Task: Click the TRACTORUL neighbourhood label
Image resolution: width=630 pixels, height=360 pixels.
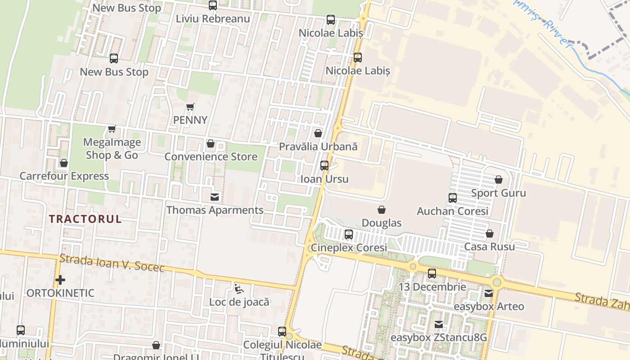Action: [x=85, y=219]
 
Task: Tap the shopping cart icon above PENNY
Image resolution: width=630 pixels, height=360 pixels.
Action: [x=190, y=107]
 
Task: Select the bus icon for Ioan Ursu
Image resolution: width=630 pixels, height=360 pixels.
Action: [x=324, y=166]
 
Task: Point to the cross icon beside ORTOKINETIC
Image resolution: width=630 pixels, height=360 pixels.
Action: [x=60, y=280]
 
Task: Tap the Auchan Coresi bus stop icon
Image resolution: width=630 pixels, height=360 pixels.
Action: [x=452, y=198]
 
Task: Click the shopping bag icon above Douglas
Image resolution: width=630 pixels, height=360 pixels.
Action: [x=381, y=210]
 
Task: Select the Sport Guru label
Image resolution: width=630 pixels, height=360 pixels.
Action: [x=498, y=193]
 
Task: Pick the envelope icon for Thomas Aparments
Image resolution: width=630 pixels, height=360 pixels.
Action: [x=215, y=197]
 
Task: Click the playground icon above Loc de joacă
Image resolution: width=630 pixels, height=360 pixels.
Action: [x=239, y=288]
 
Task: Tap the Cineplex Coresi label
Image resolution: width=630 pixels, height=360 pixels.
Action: [x=349, y=248]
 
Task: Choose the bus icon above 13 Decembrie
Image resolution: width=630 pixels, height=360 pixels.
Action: [x=432, y=274]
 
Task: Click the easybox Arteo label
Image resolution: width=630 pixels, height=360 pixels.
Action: [x=489, y=306]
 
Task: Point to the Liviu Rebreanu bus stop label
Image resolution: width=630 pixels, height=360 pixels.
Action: [x=213, y=19]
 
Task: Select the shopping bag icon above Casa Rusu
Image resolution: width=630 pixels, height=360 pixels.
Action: [x=489, y=234]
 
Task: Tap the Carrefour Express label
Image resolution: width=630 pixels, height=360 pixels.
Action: [x=64, y=176]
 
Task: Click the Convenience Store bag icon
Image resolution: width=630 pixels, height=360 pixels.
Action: [x=210, y=144]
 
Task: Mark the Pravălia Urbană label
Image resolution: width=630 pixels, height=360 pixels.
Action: [x=318, y=147]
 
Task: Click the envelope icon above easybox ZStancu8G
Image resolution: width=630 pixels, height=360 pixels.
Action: [x=438, y=324]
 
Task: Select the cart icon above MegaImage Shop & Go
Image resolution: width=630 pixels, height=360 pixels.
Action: [x=112, y=129]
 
